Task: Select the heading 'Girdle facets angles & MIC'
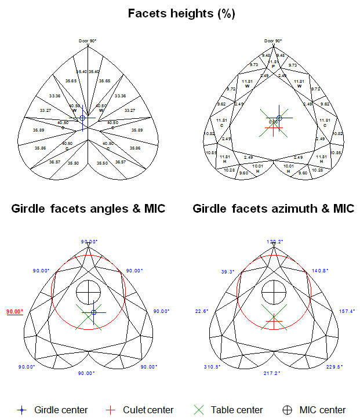[88, 209]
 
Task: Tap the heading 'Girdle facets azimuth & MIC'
[274, 209]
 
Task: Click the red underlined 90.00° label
[14, 311]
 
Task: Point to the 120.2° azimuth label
[274, 241]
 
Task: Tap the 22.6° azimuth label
[202, 312]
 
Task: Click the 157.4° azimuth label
[347, 312]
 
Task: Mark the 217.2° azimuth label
[274, 374]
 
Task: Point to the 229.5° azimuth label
[335, 367]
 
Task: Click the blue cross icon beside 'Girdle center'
[21, 410]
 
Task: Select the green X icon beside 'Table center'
[199, 410]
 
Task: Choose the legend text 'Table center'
[237, 410]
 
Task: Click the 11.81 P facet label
[274, 63]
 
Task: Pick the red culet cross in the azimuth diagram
[274, 320]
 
